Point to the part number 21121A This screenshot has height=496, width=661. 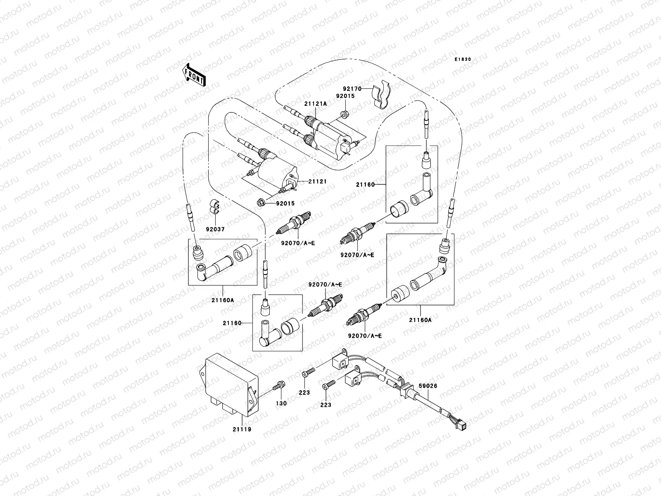click(316, 104)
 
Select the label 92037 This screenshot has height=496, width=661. click(215, 229)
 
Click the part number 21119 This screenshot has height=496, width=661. click(242, 429)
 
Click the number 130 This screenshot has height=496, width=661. click(281, 403)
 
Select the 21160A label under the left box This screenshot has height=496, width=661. click(222, 300)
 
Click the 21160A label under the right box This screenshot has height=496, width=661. click(421, 320)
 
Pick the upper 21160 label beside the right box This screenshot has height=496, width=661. click(365, 185)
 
